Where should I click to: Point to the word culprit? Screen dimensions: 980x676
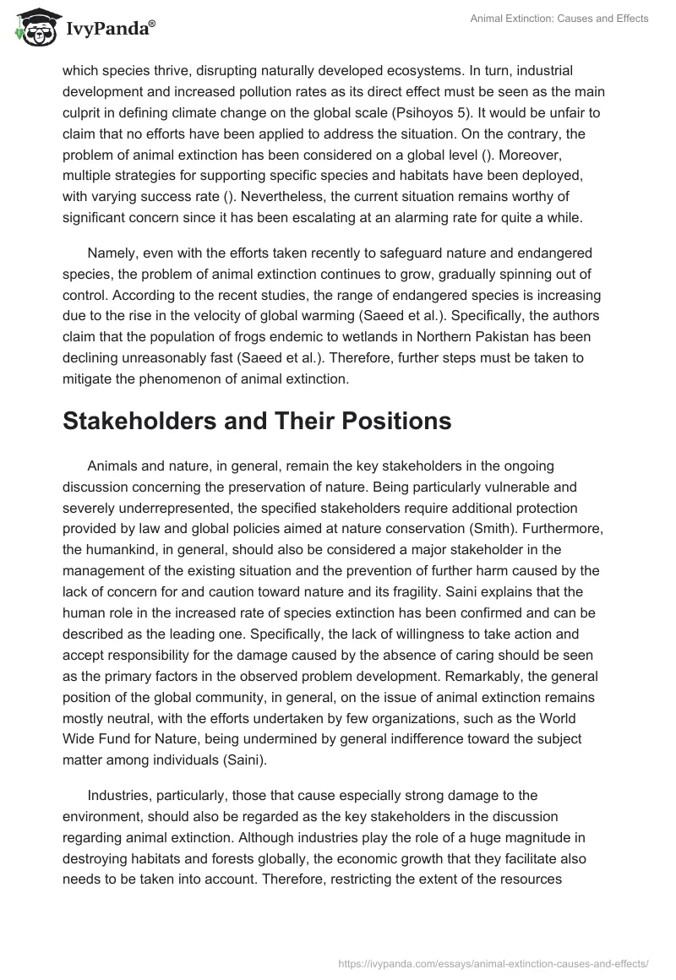[x=85, y=112]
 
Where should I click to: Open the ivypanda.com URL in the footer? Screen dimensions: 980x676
[x=493, y=962]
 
